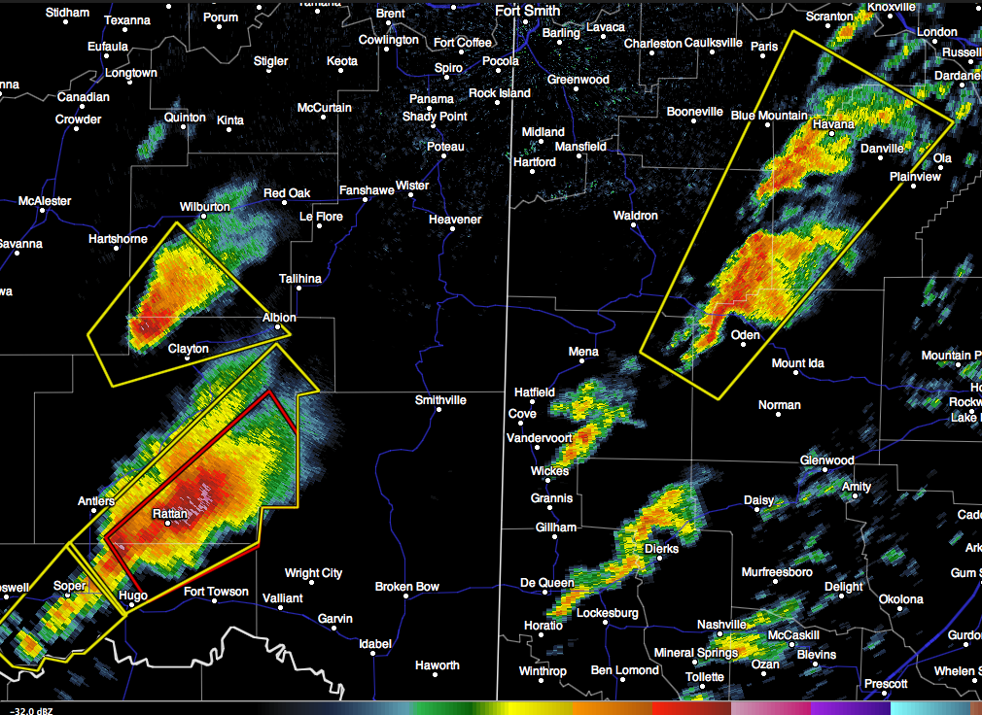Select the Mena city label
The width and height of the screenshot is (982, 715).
pyautogui.click(x=583, y=352)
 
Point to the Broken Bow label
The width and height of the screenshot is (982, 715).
pyautogui.click(x=407, y=587)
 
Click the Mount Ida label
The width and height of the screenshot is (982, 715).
pyautogui.click(x=797, y=363)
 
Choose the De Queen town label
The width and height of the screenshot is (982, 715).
pyautogui.click(x=546, y=583)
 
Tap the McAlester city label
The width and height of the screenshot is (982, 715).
pyautogui.click(x=45, y=201)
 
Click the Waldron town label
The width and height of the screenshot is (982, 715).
pyautogui.click(x=636, y=216)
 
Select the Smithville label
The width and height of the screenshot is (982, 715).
pyautogui.click(x=440, y=400)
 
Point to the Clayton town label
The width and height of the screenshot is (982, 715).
pyautogui.click(x=188, y=349)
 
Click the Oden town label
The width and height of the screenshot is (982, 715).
pyautogui.click(x=745, y=335)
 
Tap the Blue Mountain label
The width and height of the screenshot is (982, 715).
pyautogui.click(x=769, y=116)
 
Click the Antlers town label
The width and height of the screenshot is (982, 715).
pyautogui.click(x=96, y=501)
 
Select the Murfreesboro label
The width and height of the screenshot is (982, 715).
pyautogui.click(x=777, y=572)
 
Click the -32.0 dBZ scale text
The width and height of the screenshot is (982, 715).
pyautogui.click(x=29, y=708)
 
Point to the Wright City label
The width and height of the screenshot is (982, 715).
pyautogui.click(x=313, y=573)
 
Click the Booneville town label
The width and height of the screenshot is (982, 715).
pyautogui.click(x=694, y=112)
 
